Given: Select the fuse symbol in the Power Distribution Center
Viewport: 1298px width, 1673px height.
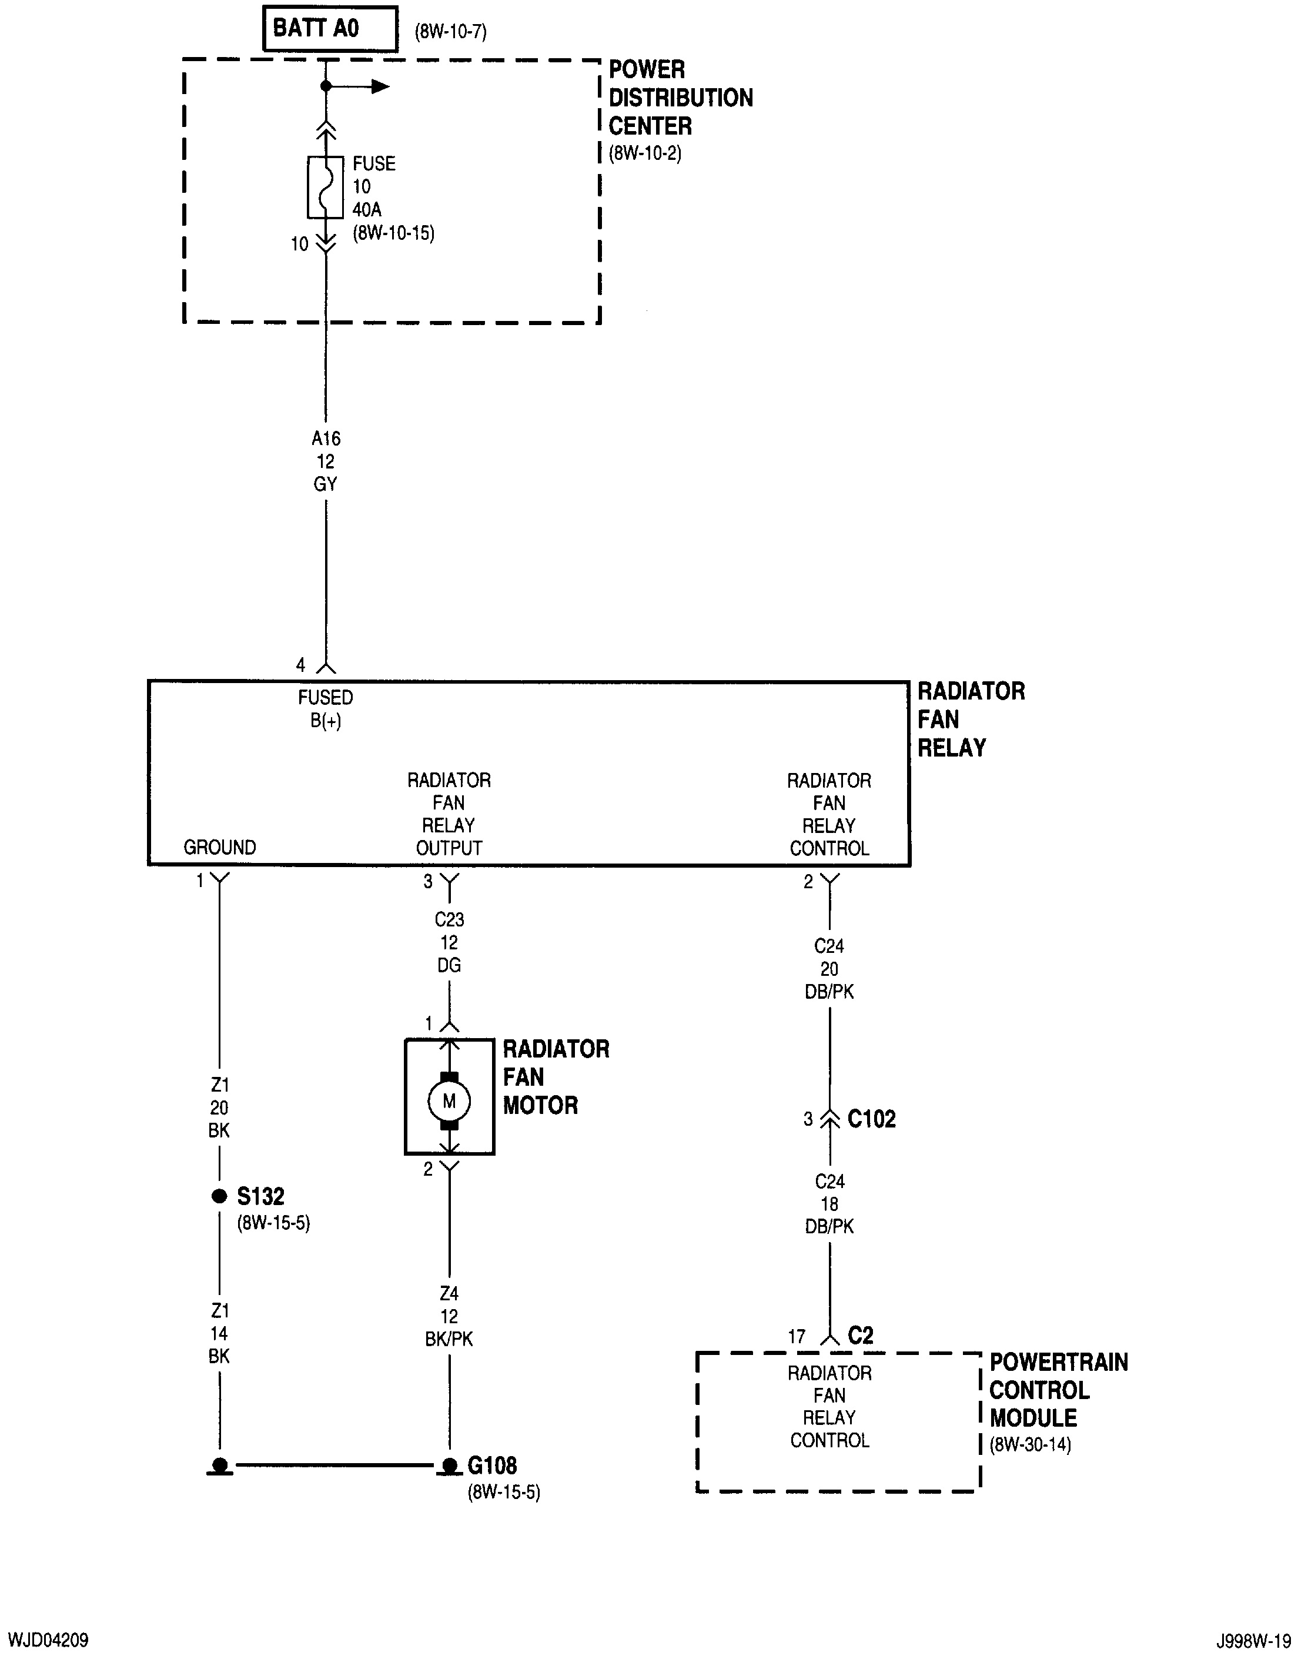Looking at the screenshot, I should (326, 187).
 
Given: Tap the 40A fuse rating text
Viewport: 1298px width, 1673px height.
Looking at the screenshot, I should (367, 209).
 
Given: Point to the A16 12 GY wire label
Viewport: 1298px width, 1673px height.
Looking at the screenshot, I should (326, 461).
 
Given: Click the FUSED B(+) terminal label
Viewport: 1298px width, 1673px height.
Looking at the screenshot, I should (326, 708).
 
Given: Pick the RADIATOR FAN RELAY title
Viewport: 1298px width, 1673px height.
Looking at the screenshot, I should (970, 720).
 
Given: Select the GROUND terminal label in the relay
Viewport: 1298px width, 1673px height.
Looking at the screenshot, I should (219, 847).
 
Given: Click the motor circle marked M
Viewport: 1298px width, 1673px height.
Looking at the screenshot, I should (449, 1102).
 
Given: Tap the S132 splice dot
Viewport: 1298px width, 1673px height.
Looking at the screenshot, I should (219, 1196).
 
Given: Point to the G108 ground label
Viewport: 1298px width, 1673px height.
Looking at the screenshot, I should (492, 1465).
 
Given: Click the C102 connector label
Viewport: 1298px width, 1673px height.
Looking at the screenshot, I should (871, 1119).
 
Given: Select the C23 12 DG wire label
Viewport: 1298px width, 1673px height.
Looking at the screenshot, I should (449, 942).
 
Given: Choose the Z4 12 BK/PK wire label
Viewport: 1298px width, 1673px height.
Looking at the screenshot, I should (449, 1316).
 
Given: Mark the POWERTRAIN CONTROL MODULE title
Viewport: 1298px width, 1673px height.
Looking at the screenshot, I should (1058, 1390).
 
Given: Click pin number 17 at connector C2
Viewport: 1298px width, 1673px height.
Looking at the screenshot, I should (797, 1337).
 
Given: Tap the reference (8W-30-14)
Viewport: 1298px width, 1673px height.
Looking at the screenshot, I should (1030, 1445).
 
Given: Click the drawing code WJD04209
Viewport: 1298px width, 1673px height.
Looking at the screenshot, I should (48, 1640).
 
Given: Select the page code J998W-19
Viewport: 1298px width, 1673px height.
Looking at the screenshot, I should (1253, 1641).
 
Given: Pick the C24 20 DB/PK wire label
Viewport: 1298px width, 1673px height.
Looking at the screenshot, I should (829, 969).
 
